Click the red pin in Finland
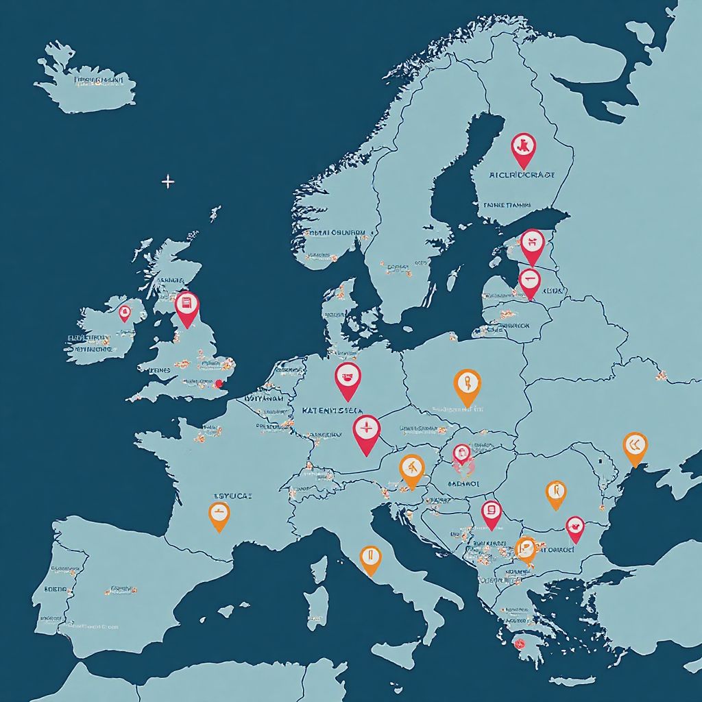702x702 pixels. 523,147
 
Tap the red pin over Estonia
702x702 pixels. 532,243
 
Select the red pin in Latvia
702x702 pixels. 529,280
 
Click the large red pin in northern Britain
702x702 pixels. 186,305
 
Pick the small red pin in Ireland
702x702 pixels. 124,313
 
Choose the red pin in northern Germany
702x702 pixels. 348,378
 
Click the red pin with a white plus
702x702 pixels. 367,431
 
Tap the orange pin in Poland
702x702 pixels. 468,384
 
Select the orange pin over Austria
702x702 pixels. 411,470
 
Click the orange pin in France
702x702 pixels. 219,513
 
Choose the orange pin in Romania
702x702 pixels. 556,492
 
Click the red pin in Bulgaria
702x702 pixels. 575,527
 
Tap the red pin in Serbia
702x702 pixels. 491,511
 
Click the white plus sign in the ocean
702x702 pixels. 168,182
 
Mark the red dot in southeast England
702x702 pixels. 219,384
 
